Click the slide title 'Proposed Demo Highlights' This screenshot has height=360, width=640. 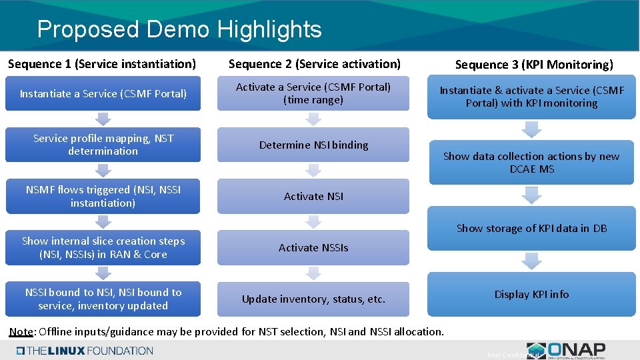179,29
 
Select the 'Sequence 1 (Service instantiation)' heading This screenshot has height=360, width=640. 102,64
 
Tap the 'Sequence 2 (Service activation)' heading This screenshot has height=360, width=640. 314,64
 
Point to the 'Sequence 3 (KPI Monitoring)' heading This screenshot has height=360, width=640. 533,65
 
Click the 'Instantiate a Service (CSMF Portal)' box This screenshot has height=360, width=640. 103,94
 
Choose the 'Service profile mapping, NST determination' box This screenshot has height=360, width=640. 103,145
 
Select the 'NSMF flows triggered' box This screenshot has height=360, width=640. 103,196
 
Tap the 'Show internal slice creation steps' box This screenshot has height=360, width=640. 103,247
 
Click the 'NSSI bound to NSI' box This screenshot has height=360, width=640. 103,299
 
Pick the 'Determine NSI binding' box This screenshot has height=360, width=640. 313,145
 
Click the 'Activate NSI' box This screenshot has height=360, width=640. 313,196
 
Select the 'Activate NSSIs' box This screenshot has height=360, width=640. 313,247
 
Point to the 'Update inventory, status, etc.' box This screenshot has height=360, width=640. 313,299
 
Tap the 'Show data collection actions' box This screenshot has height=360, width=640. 531,163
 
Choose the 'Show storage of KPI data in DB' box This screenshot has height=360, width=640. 531,228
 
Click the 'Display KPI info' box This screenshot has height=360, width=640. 531,294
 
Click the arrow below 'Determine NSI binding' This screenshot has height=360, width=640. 313,171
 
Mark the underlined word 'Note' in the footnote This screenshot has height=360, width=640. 21,331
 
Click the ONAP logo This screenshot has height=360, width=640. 566,350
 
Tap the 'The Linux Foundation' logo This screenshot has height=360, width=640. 85,351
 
